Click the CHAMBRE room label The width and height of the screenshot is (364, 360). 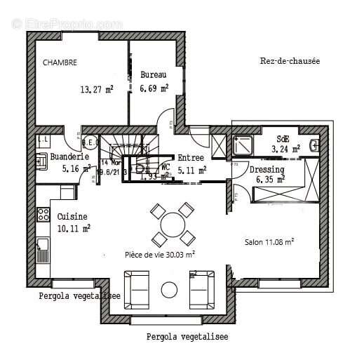(x=60, y=62)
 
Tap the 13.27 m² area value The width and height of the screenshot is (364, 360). (x=96, y=89)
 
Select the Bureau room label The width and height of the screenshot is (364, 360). (x=154, y=74)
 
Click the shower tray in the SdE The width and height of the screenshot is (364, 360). (x=246, y=145)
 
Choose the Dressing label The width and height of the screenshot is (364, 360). (x=267, y=170)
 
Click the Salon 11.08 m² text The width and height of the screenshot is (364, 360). (x=269, y=241)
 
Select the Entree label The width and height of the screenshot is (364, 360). (x=191, y=158)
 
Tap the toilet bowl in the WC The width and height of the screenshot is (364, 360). (x=140, y=168)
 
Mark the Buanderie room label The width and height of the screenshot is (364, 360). (x=69, y=157)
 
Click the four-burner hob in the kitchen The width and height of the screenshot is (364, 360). (x=43, y=214)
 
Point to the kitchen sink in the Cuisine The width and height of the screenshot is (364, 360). (x=43, y=245)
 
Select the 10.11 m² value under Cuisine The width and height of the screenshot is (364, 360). (x=74, y=228)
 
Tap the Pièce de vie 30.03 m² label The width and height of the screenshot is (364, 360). (x=160, y=255)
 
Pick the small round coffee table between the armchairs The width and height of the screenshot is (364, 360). (x=169, y=289)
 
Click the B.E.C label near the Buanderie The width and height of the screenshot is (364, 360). (x=90, y=139)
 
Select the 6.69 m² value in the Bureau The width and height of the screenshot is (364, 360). (x=154, y=88)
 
